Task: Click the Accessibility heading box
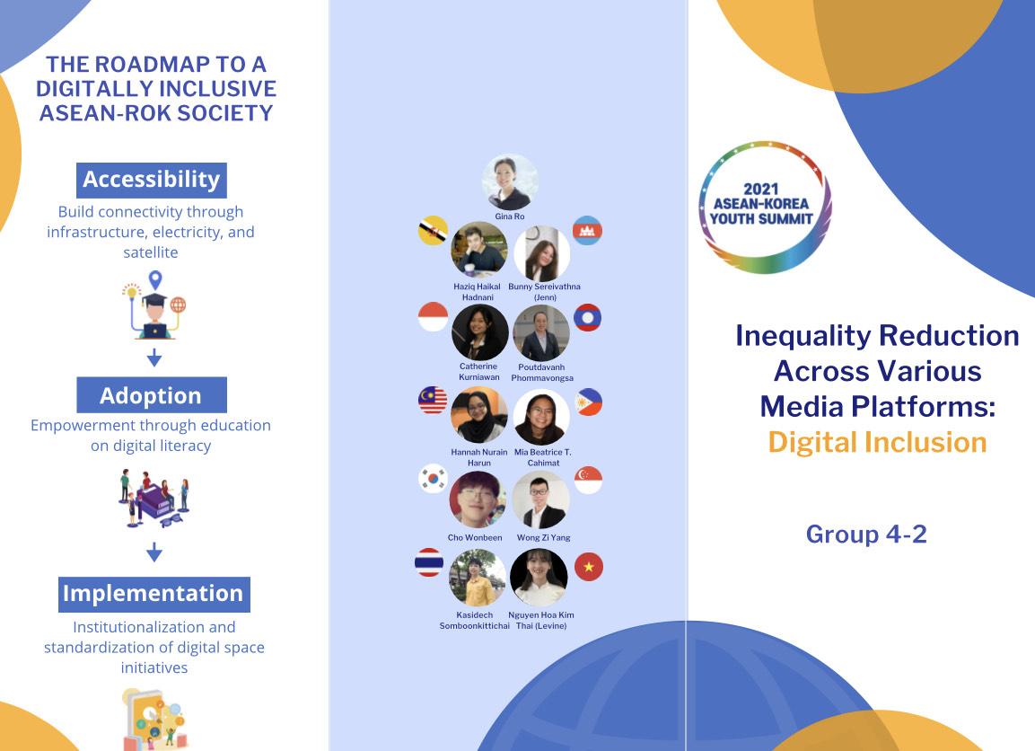pos(151,180)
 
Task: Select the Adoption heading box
pos(151,395)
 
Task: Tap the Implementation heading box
pos(153,594)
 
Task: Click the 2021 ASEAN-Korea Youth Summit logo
pos(765,208)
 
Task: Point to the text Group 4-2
pos(866,534)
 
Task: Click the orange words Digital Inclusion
pos(877,442)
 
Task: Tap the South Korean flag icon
pos(433,479)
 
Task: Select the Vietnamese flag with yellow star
pos(589,567)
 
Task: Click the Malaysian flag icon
pos(433,401)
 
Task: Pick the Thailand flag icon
pos(429,562)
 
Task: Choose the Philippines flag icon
pos(588,402)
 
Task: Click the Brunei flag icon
pos(433,231)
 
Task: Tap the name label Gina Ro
pos(510,216)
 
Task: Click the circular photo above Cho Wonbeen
pos(478,499)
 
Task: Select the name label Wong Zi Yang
pos(543,538)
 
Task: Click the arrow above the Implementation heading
pos(154,552)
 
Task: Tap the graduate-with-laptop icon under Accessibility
pos(154,305)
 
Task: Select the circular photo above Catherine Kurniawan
pos(480,332)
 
